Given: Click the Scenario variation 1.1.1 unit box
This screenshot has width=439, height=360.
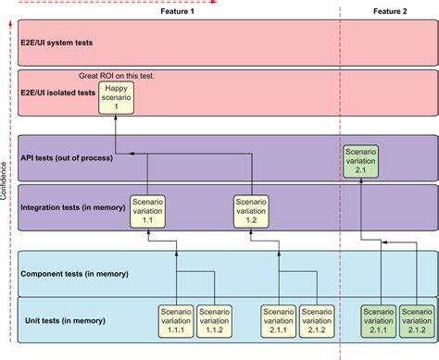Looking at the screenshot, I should tap(175, 318).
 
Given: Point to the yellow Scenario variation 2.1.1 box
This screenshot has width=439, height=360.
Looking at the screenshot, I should tap(277, 318).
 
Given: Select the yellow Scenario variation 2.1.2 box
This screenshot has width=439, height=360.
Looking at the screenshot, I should tap(317, 318).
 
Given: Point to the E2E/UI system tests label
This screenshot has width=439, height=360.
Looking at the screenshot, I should tap(56, 43).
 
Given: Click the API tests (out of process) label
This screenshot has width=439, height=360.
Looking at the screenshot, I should tap(67, 158).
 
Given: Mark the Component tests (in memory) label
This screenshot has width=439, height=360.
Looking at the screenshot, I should tap(74, 274).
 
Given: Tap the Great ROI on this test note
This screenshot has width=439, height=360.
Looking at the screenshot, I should tap(115, 75).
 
